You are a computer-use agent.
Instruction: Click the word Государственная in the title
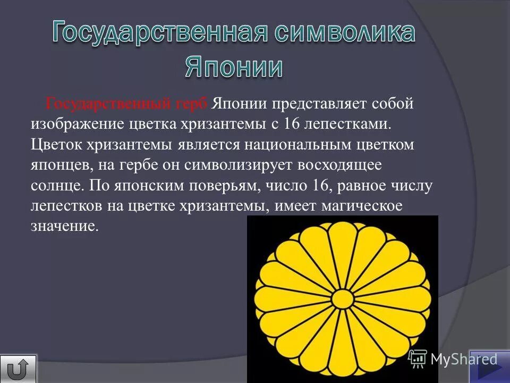159,34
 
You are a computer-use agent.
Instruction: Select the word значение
64,226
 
